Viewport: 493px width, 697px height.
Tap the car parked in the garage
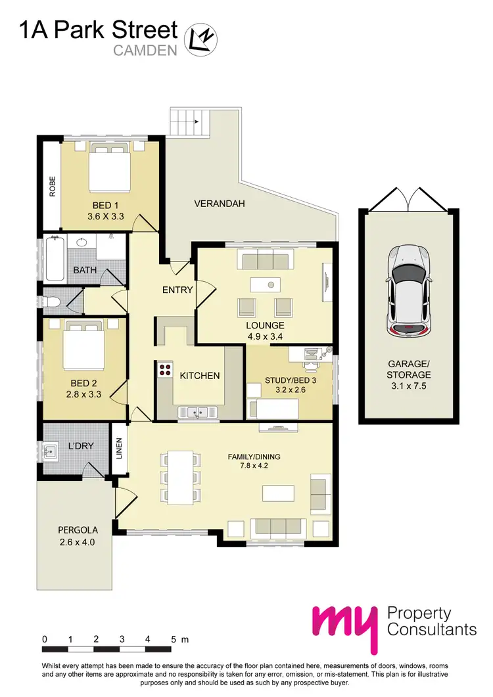(410, 290)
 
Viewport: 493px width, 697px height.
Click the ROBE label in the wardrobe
(51, 187)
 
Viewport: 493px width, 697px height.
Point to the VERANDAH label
(220, 204)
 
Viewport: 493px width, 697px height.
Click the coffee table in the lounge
(265, 284)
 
